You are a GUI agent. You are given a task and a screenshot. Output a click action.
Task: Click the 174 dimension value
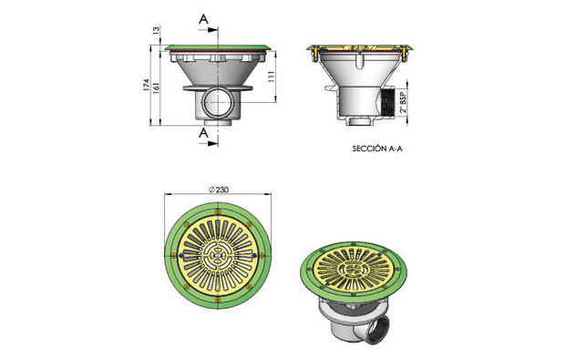tap(146, 85)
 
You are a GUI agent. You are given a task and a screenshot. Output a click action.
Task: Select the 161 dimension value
tap(157, 88)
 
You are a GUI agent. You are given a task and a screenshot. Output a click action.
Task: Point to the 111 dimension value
tap(272, 77)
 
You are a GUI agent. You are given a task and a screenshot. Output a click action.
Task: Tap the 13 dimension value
tap(157, 30)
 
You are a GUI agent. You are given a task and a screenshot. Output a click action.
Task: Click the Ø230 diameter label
tap(219, 190)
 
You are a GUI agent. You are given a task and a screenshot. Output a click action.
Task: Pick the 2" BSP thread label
tap(404, 102)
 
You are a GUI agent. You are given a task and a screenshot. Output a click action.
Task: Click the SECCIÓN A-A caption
tap(377, 149)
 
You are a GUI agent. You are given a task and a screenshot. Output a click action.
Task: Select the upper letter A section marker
tap(203, 19)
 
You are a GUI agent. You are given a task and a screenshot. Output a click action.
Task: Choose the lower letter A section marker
tap(203, 133)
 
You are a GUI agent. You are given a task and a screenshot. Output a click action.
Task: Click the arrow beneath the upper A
tap(208, 30)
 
